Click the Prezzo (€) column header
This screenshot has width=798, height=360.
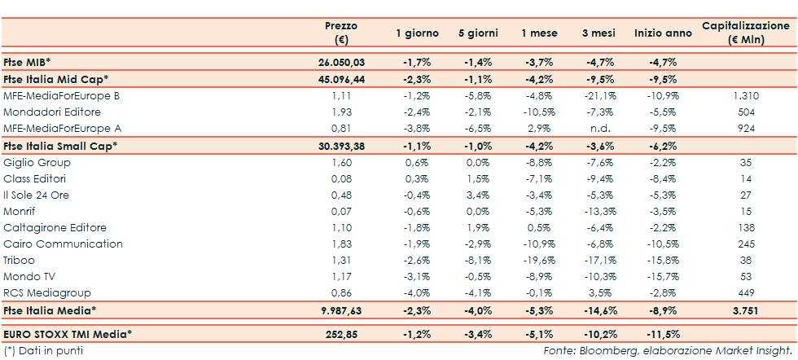tap(341, 33)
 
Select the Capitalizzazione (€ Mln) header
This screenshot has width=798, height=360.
tap(745, 33)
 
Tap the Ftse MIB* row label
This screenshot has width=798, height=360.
tap(27, 62)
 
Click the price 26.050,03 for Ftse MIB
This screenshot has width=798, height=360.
tap(342, 62)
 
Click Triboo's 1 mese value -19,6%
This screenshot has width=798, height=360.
tap(540, 261)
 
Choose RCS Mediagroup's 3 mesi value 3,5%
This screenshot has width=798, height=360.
tap(601, 293)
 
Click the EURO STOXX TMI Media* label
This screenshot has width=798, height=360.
tap(68, 333)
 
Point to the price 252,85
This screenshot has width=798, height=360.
tap(342, 333)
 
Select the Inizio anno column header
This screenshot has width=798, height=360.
tap(663, 33)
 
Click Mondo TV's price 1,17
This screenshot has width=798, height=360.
tap(342, 277)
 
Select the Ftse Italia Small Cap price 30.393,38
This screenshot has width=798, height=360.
tap(342, 145)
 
